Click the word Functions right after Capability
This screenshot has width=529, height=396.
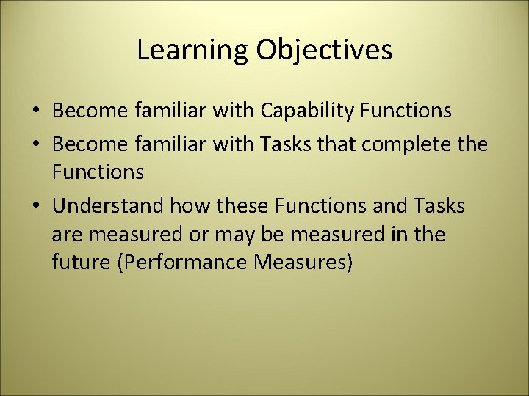406,111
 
